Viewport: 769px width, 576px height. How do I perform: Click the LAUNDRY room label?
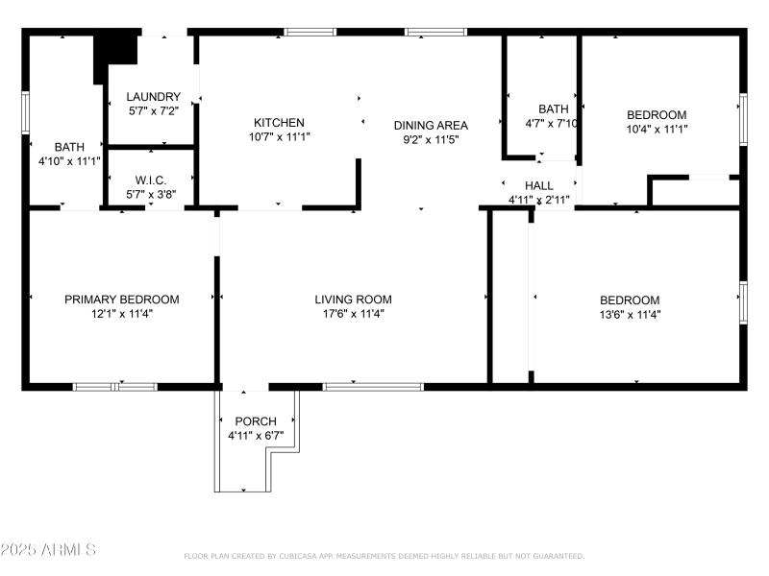(154, 97)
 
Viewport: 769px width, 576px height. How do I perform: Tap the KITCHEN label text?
(279, 123)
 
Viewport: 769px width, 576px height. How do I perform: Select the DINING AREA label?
(431, 126)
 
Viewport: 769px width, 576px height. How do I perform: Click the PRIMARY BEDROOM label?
(122, 300)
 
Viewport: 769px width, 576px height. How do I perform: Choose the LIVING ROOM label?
(353, 300)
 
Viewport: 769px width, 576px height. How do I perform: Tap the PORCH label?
(256, 421)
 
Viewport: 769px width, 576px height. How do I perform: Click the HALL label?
(538, 185)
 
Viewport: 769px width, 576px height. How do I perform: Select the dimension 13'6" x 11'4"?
(630, 314)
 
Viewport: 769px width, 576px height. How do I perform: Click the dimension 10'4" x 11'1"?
(657, 129)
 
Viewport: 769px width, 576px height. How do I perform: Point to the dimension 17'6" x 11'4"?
(353, 314)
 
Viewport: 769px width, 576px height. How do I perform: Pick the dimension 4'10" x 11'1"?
(69, 161)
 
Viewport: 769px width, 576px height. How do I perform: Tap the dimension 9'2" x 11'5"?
(431, 139)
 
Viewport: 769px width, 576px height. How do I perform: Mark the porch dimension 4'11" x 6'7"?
(256, 436)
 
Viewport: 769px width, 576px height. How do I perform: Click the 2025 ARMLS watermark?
(48, 550)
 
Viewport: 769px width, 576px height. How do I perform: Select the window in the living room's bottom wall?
(372, 387)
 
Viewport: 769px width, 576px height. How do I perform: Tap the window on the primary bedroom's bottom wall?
(114, 387)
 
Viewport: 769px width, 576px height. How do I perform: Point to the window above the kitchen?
(310, 32)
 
